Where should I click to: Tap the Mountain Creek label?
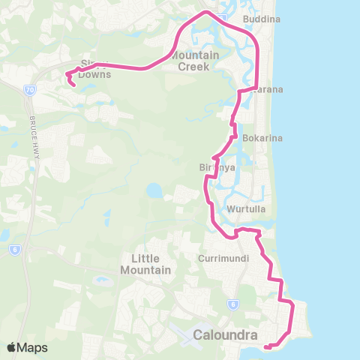pyautogui.click(x=194, y=61)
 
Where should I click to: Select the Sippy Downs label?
pyautogui.click(x=95, y=70)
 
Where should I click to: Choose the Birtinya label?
pyautogui.click(x=217, y=167)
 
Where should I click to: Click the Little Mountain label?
pyautogui.click(x=146, y=263)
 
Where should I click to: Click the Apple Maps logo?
pyautogui.click(x=27, y=347)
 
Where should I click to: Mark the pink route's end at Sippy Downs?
pyautogui.click(x=73, y=85)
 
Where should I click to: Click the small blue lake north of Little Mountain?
pyautogui.click(x=154, y=191)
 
